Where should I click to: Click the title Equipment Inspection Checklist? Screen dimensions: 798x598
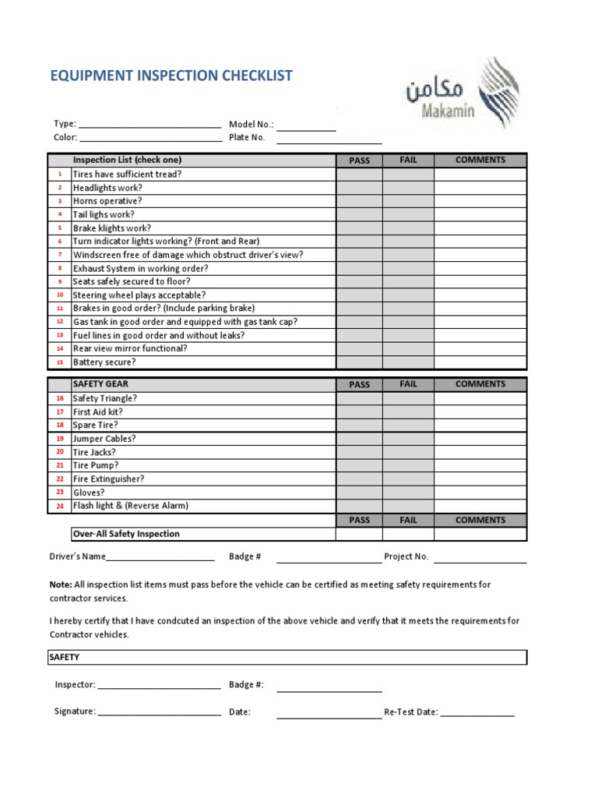(x=171, y=76)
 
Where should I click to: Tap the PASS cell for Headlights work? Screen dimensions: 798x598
(x=359, y=188)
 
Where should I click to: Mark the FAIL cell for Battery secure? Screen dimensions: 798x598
(x=408, y=362)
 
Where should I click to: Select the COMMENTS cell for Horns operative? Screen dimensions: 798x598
(x=480, y=201)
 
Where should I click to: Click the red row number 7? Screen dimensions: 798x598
(x=60, y=255)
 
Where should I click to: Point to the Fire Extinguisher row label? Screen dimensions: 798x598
(x=108, y=479)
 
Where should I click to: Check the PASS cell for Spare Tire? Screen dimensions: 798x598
(x=359, y=425)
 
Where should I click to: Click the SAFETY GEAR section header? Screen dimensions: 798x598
(x=100, y=384)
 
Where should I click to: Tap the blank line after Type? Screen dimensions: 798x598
(x=150, y=125)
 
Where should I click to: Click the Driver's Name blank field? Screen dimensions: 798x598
(x=160, y=559)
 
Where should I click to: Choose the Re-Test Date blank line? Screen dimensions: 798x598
(x=477, y=714)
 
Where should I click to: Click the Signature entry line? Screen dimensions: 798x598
(x=160, y=713)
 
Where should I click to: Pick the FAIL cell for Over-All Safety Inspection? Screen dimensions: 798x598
(x=408, y=534)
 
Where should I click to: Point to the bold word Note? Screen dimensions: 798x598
(x=60, y=584)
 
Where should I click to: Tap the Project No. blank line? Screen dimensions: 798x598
(x=480, y=560)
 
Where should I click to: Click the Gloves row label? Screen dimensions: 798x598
(x=89, y=493)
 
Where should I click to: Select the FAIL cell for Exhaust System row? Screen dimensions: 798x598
(x=408, y=268)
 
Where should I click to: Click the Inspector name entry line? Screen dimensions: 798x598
(x=160, y=687)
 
